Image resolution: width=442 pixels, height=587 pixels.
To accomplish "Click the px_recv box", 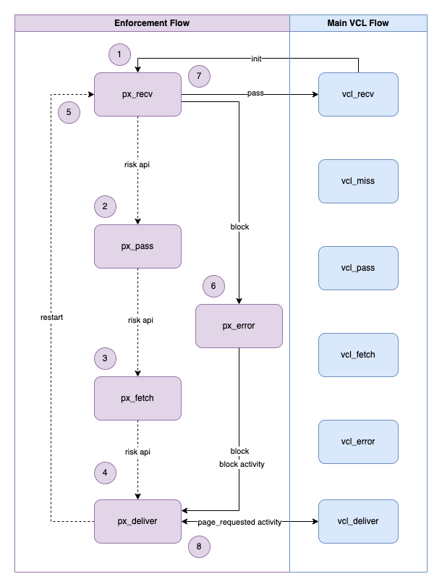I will click(x=137, y=94).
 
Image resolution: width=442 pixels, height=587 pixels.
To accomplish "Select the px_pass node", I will click(x=137, y=246).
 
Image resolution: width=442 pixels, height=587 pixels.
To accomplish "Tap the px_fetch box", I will click(x=137, y=398).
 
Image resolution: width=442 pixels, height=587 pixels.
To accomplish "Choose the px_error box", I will click(x=239, y=326).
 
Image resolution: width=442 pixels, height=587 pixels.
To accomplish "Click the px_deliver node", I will click(x=137, y=521).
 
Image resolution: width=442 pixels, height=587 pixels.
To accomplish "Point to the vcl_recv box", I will click(x=358, y=94).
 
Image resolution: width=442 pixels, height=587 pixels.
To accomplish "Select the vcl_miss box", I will click(x=358, y=181).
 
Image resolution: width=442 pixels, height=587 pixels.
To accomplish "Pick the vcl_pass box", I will click(x=358, y=268).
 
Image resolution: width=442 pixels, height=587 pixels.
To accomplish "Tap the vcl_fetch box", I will click(x=358, y=355).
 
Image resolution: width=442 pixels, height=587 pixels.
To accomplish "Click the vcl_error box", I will click(x=358, y=442).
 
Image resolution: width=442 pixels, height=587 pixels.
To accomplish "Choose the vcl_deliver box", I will click(x=358, y=521).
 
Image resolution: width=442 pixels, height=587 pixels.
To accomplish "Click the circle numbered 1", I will click(x=119, y=54).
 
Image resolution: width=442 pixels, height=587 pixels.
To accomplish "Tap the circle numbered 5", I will click(x=69, y=112).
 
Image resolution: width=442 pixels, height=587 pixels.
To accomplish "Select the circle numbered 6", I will click(x=213, y=286).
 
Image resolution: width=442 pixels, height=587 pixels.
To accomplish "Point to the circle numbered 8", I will click(x=199, y=546).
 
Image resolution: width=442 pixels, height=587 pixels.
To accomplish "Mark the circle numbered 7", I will click(x=199, y=75).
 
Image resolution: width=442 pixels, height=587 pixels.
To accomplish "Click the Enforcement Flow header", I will click(x=152, y=23).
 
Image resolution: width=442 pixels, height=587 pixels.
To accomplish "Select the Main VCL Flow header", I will click(x=358, y=23).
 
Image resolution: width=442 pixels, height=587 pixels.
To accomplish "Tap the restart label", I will click(x=52, y=318).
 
